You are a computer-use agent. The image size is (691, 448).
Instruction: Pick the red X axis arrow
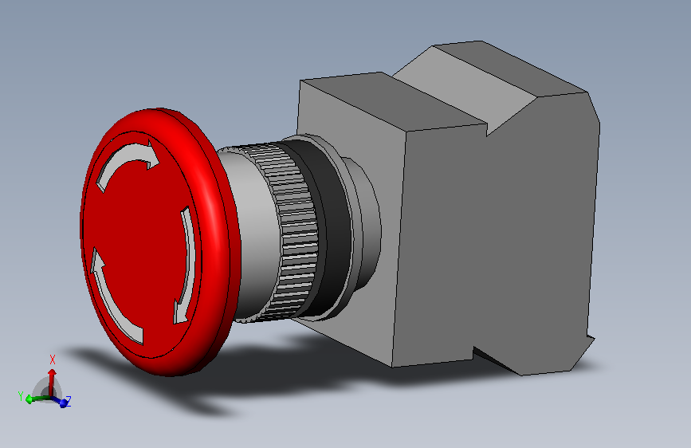[x=52, y=382]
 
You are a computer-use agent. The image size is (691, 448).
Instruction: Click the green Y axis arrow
[x=37, y=399]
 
